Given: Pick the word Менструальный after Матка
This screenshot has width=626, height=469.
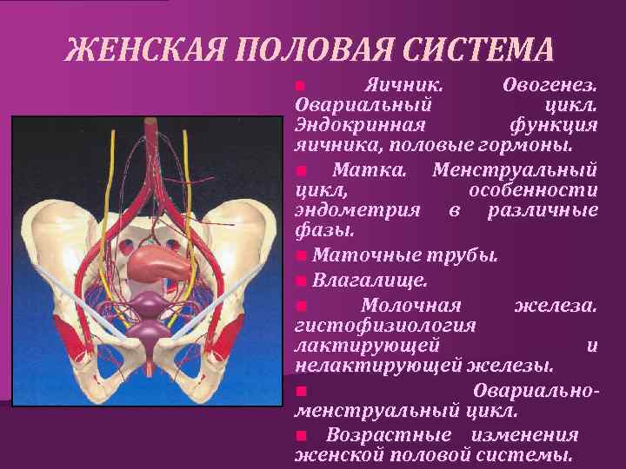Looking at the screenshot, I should tap(514, 167).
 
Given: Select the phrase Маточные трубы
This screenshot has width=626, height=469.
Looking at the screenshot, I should tap(404, 255).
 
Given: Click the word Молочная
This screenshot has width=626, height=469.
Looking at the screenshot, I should tap(410, 305).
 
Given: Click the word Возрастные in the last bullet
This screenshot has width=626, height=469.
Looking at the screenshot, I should tap(389, 433).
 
